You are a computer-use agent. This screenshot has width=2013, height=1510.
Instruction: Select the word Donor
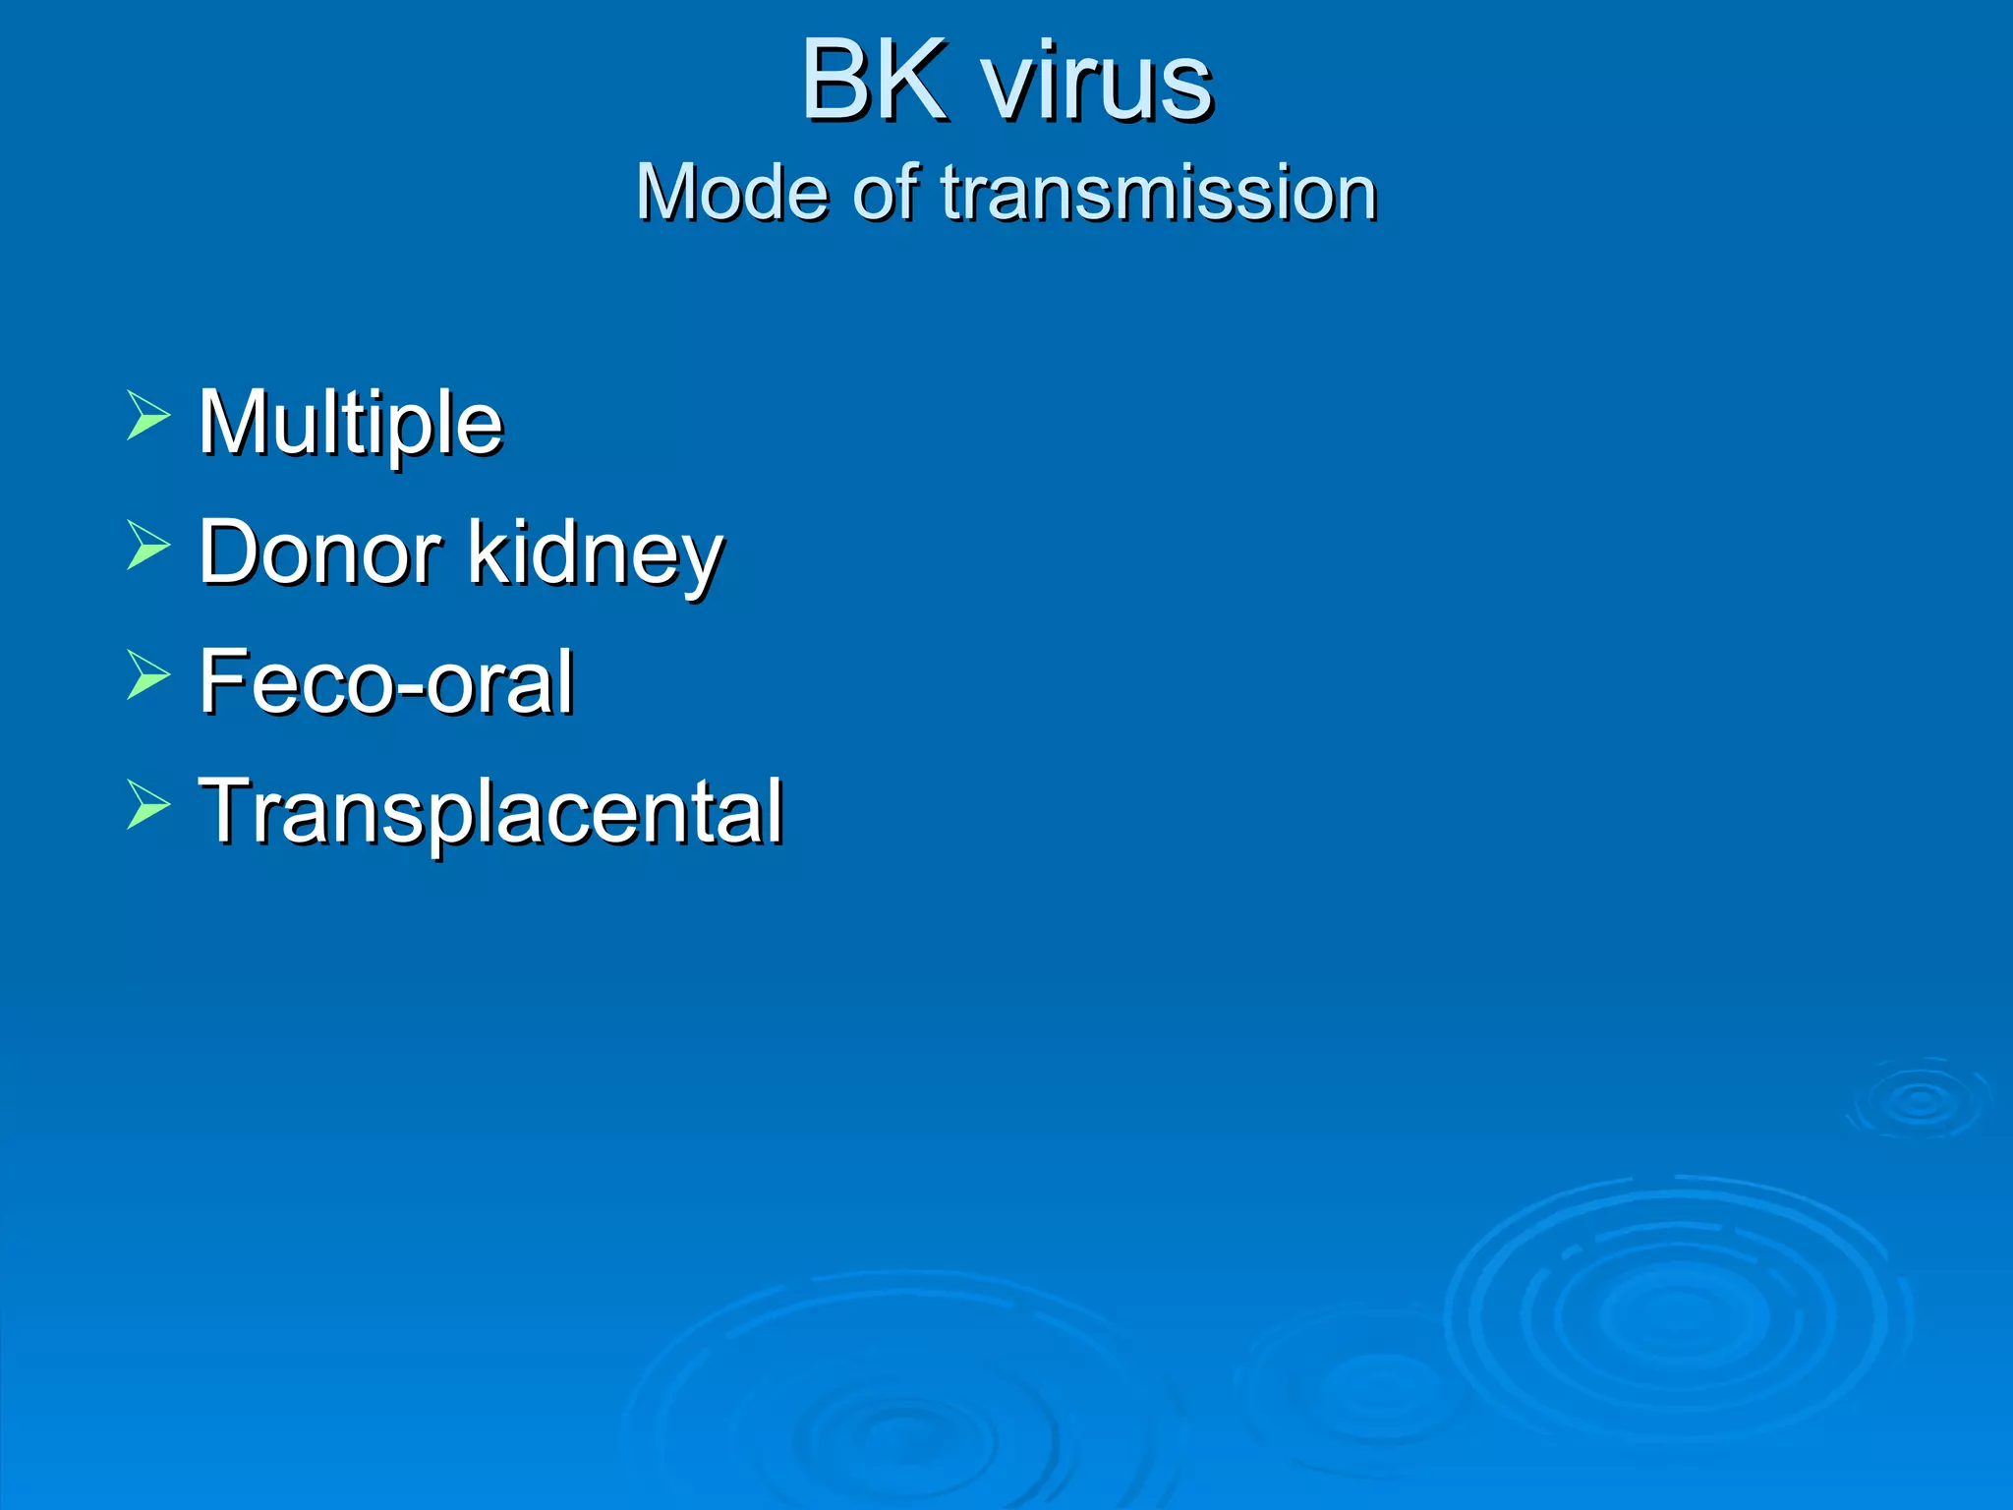[x=319, y=552]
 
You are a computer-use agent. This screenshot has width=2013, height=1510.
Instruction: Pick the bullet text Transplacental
[x=490, y=812]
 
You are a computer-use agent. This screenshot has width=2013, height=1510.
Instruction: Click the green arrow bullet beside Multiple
[x=148, y=415]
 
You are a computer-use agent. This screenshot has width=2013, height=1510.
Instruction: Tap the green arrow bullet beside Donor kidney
[x=148, y=545]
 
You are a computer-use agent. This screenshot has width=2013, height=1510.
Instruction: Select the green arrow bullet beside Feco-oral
[x=148, y=674]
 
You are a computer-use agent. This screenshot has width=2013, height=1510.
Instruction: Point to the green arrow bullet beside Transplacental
[x=148, y=804]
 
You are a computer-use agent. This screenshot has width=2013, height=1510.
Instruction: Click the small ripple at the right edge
[x=1920, y=1100]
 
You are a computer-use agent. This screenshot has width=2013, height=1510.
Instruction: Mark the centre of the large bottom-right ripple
[x=1677, y=1315]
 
